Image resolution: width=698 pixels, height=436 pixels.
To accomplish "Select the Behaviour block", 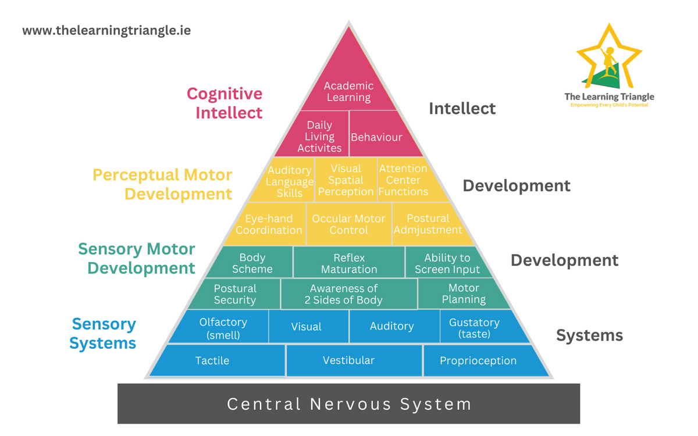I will pos(377,137).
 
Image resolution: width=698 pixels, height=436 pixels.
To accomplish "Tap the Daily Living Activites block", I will pos(320,137).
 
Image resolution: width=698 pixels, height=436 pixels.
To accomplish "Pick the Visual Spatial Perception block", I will pos(346,180).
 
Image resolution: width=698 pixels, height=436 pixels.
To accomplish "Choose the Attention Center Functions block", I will pos(404,180).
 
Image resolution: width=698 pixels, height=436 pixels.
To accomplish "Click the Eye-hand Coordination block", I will pos(269,224).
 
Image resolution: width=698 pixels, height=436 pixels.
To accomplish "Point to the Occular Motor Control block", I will pos(348,224).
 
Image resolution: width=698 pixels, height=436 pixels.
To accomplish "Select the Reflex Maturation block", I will pos(349,263).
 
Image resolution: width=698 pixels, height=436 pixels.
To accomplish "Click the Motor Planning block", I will pos(464,294).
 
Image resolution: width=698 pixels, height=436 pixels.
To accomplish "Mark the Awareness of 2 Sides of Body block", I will pos(349,294).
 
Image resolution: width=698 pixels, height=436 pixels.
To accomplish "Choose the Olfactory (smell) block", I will pos(223,328).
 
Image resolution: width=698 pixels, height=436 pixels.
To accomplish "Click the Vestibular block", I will pos(349,360).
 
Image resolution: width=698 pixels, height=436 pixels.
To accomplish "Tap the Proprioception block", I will pos(478,360).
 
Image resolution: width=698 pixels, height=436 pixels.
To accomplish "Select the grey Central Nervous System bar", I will pos(349,403).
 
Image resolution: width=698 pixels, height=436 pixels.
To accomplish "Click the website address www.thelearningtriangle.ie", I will pos(106,30).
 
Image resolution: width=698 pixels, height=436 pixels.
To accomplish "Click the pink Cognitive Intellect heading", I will pos(225,103).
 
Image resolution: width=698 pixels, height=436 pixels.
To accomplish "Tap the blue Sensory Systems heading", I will pos(104,333).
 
